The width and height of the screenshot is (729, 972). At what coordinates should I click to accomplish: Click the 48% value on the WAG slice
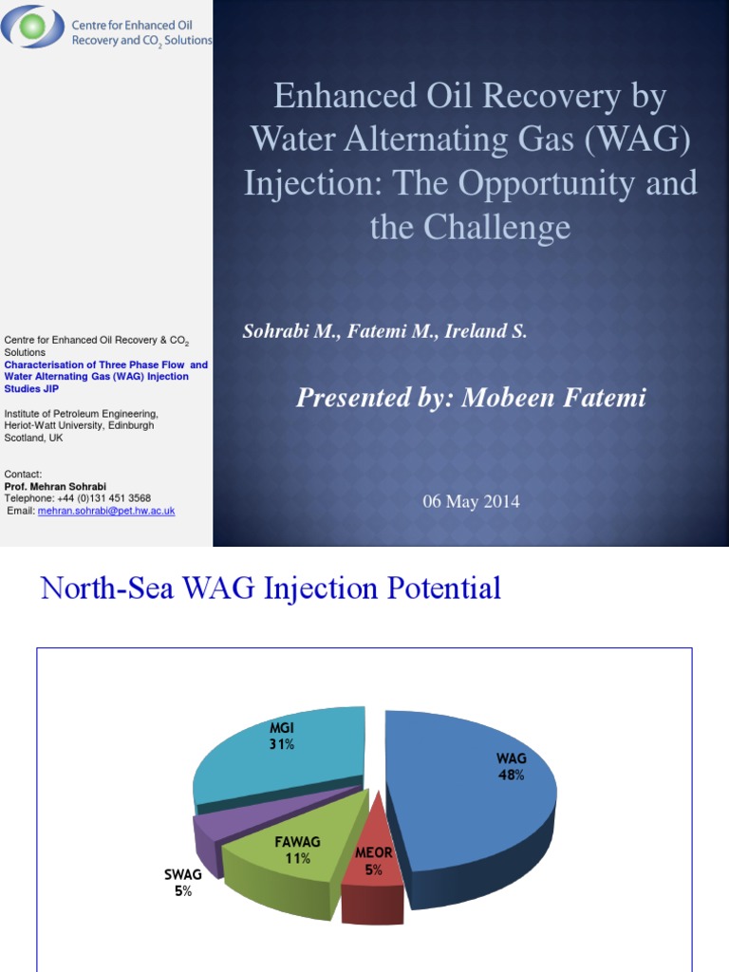[x=511, y=775]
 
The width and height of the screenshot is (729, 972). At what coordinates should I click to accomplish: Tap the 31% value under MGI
[x=281, y=744]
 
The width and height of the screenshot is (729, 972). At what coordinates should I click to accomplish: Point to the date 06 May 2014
[x=471, y=502]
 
